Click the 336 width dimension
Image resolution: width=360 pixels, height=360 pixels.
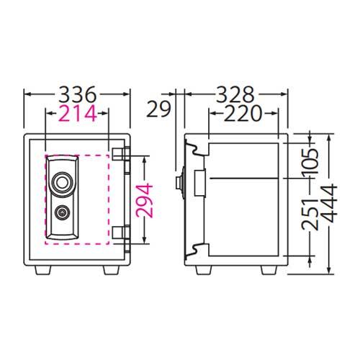(x=78, y=94)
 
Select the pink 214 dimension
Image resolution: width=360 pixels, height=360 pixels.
(x=78, y=113)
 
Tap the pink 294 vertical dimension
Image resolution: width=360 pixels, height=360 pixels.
(x=144, y=200)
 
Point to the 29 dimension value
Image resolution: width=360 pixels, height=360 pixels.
(x=158, y=109)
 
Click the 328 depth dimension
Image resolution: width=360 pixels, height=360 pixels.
(x=235, y=94)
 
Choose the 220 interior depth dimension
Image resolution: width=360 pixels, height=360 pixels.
(x=243, y=113)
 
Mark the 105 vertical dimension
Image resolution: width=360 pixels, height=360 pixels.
(x=310, y=161)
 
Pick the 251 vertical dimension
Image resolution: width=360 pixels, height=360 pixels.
(x=310, y=215)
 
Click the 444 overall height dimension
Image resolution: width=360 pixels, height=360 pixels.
(x=329, y=203)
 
